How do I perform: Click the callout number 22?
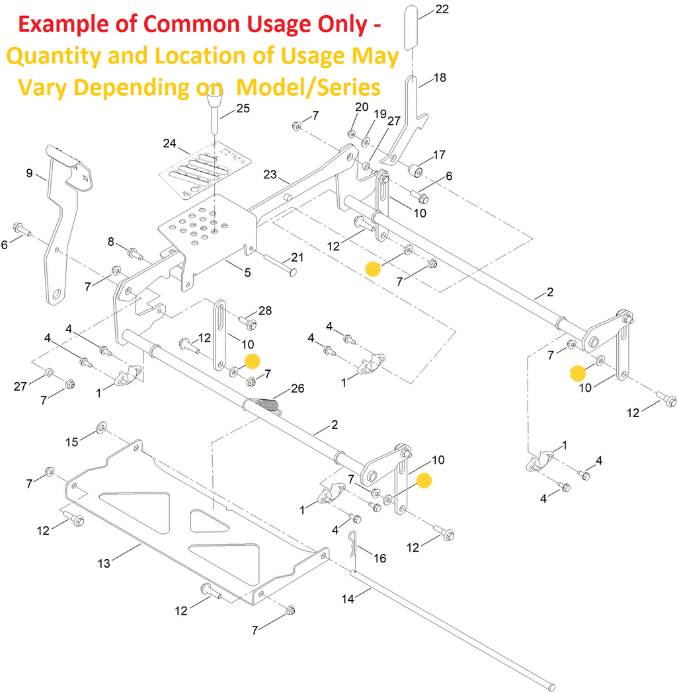442,9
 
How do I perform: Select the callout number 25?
243,108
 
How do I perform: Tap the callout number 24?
169,143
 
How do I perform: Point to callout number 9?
29,173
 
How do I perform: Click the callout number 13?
104,563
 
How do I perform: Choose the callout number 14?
348,599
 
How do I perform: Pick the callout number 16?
379,558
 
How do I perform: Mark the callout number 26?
298,389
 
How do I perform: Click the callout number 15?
71,441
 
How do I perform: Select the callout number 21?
297,257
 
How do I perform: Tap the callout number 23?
270,174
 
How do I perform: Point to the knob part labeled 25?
214,104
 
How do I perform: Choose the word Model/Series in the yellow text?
309,87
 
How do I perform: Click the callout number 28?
265,311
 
